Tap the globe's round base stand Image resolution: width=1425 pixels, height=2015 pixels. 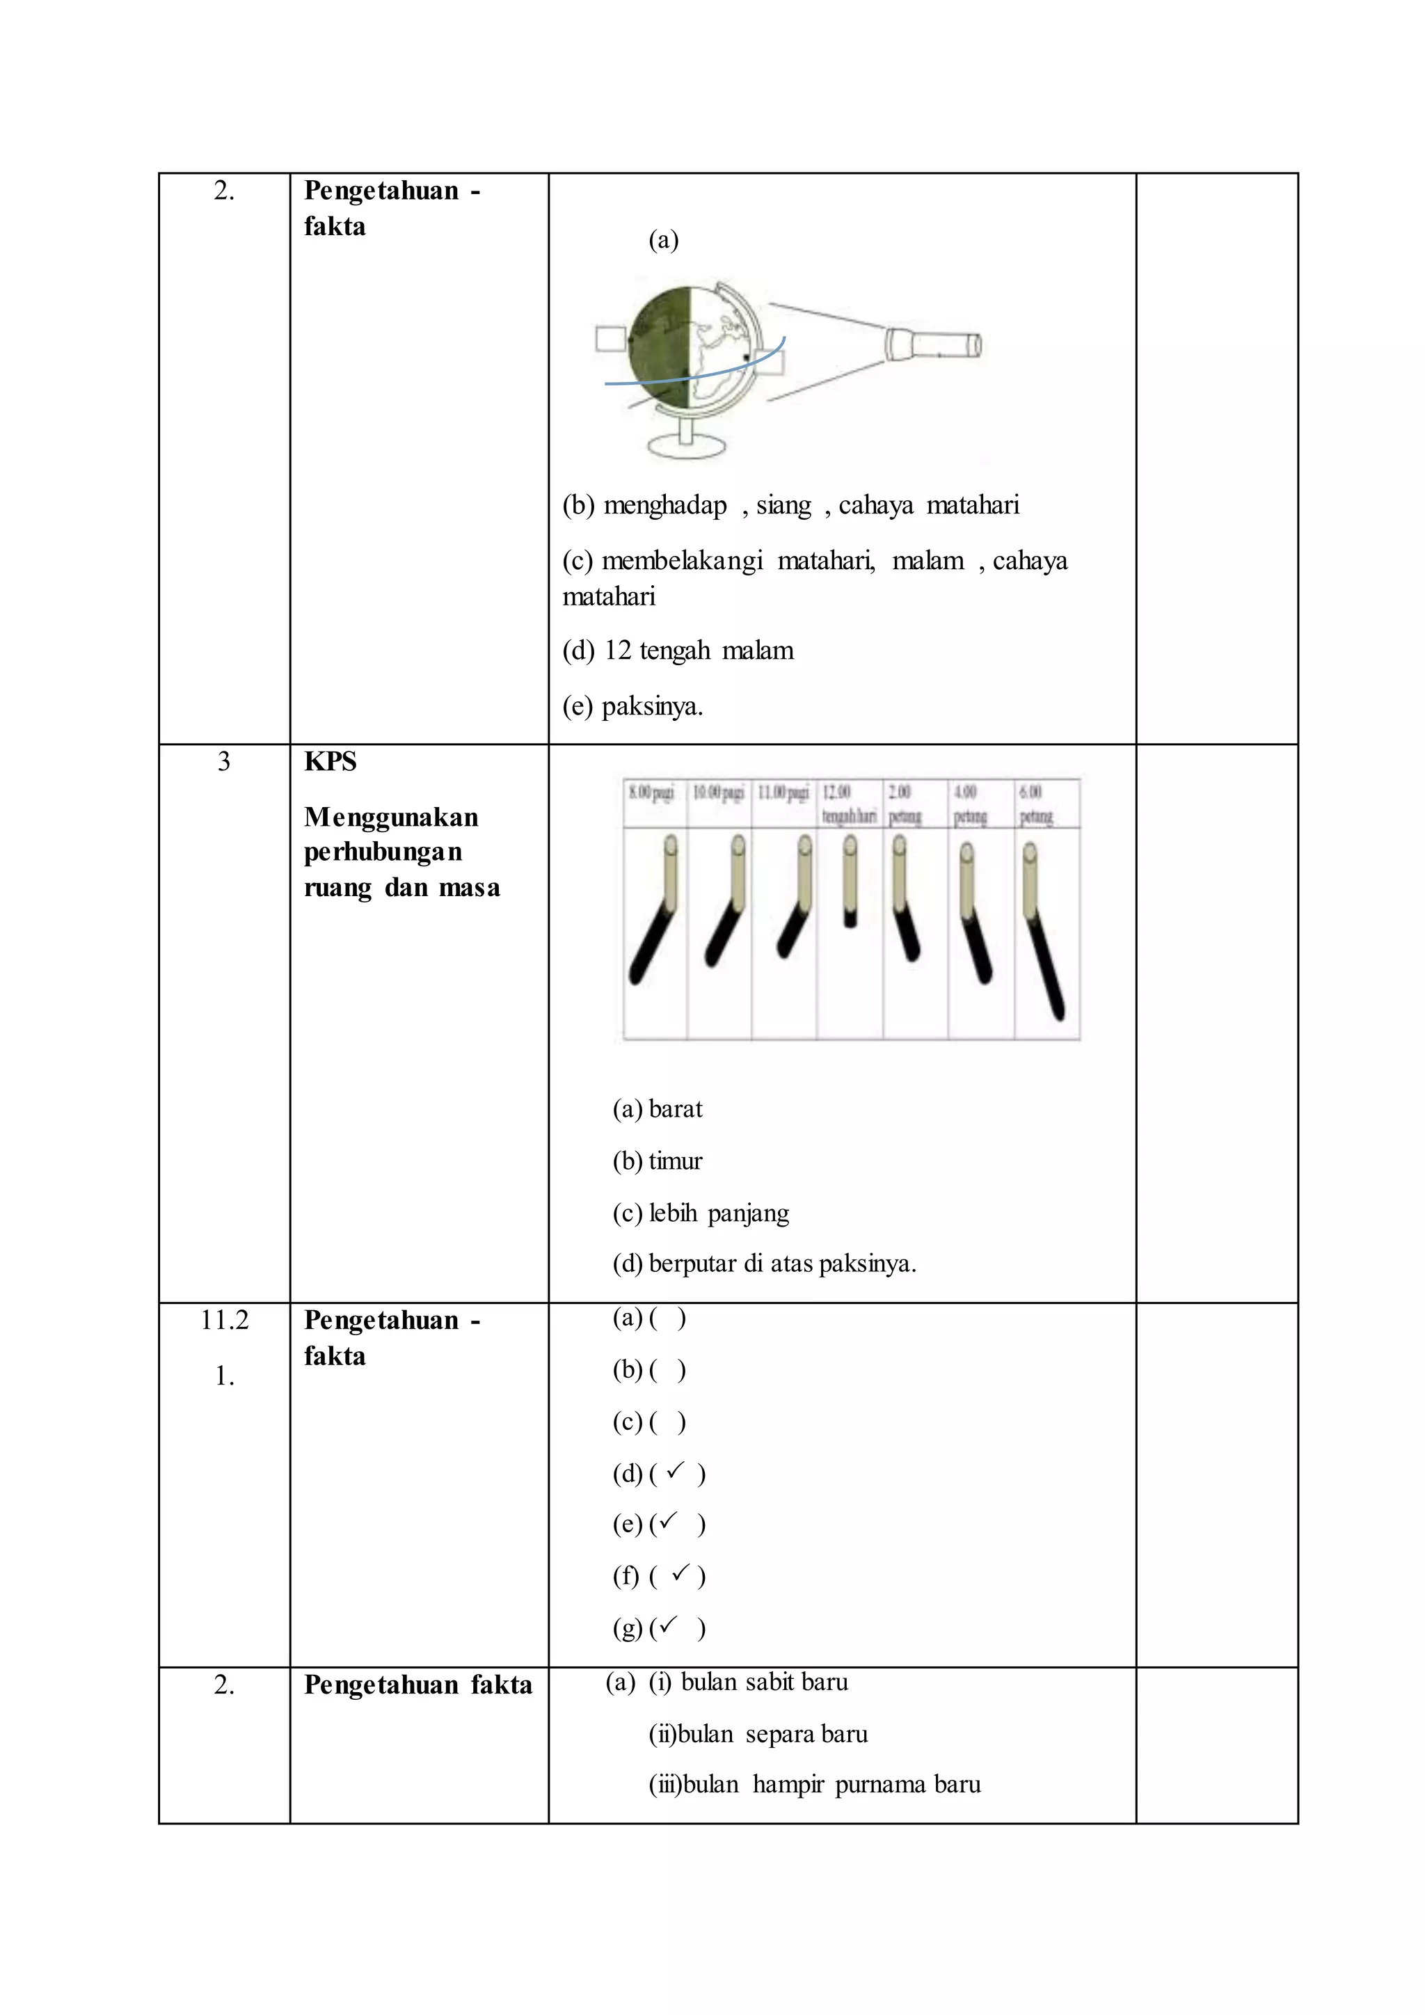[687, 446]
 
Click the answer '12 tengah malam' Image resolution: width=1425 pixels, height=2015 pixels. [699, 651]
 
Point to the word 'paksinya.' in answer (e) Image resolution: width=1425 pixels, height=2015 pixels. [652, 706]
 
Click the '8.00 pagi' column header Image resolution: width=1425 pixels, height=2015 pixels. [652, 793]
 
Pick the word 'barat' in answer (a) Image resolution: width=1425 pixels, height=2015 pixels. [676, 1109]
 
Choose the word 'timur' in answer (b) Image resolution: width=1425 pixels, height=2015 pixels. [676, 1161]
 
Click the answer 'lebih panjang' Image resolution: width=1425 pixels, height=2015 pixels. [719, 1213]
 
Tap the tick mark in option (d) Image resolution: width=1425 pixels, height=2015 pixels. [675, 1470]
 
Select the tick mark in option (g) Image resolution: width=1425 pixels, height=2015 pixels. [668, 1625]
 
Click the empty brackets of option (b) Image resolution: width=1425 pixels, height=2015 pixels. [668, 1370]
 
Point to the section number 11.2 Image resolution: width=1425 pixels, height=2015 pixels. [225, 1320]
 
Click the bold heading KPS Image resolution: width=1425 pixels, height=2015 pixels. [330, 762]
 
